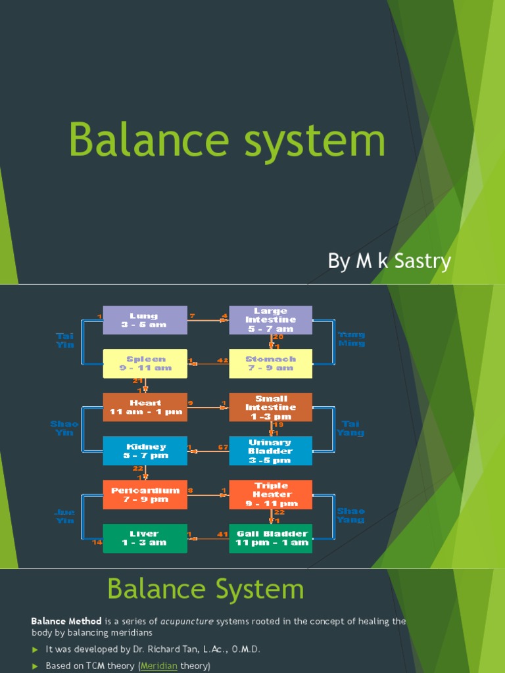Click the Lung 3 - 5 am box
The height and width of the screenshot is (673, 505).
145,320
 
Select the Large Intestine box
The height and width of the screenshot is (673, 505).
270,320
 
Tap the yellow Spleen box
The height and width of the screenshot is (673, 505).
145,363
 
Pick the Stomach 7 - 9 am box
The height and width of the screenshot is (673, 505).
270,363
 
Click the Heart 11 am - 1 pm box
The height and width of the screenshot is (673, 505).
145,407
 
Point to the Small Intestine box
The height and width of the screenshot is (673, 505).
270,407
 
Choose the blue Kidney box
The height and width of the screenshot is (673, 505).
145,451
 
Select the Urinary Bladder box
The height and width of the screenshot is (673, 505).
270,451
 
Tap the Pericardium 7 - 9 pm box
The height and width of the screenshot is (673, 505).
145,494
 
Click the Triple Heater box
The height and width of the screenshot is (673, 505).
270,494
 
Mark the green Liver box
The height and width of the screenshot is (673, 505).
145,538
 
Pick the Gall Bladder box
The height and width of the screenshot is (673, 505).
270,538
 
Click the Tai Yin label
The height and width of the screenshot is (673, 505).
65,340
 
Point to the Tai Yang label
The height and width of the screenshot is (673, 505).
350,429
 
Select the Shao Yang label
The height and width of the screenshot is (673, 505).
350,515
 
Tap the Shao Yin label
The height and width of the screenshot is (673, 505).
64,428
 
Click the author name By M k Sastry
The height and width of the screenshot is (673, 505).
389,261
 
